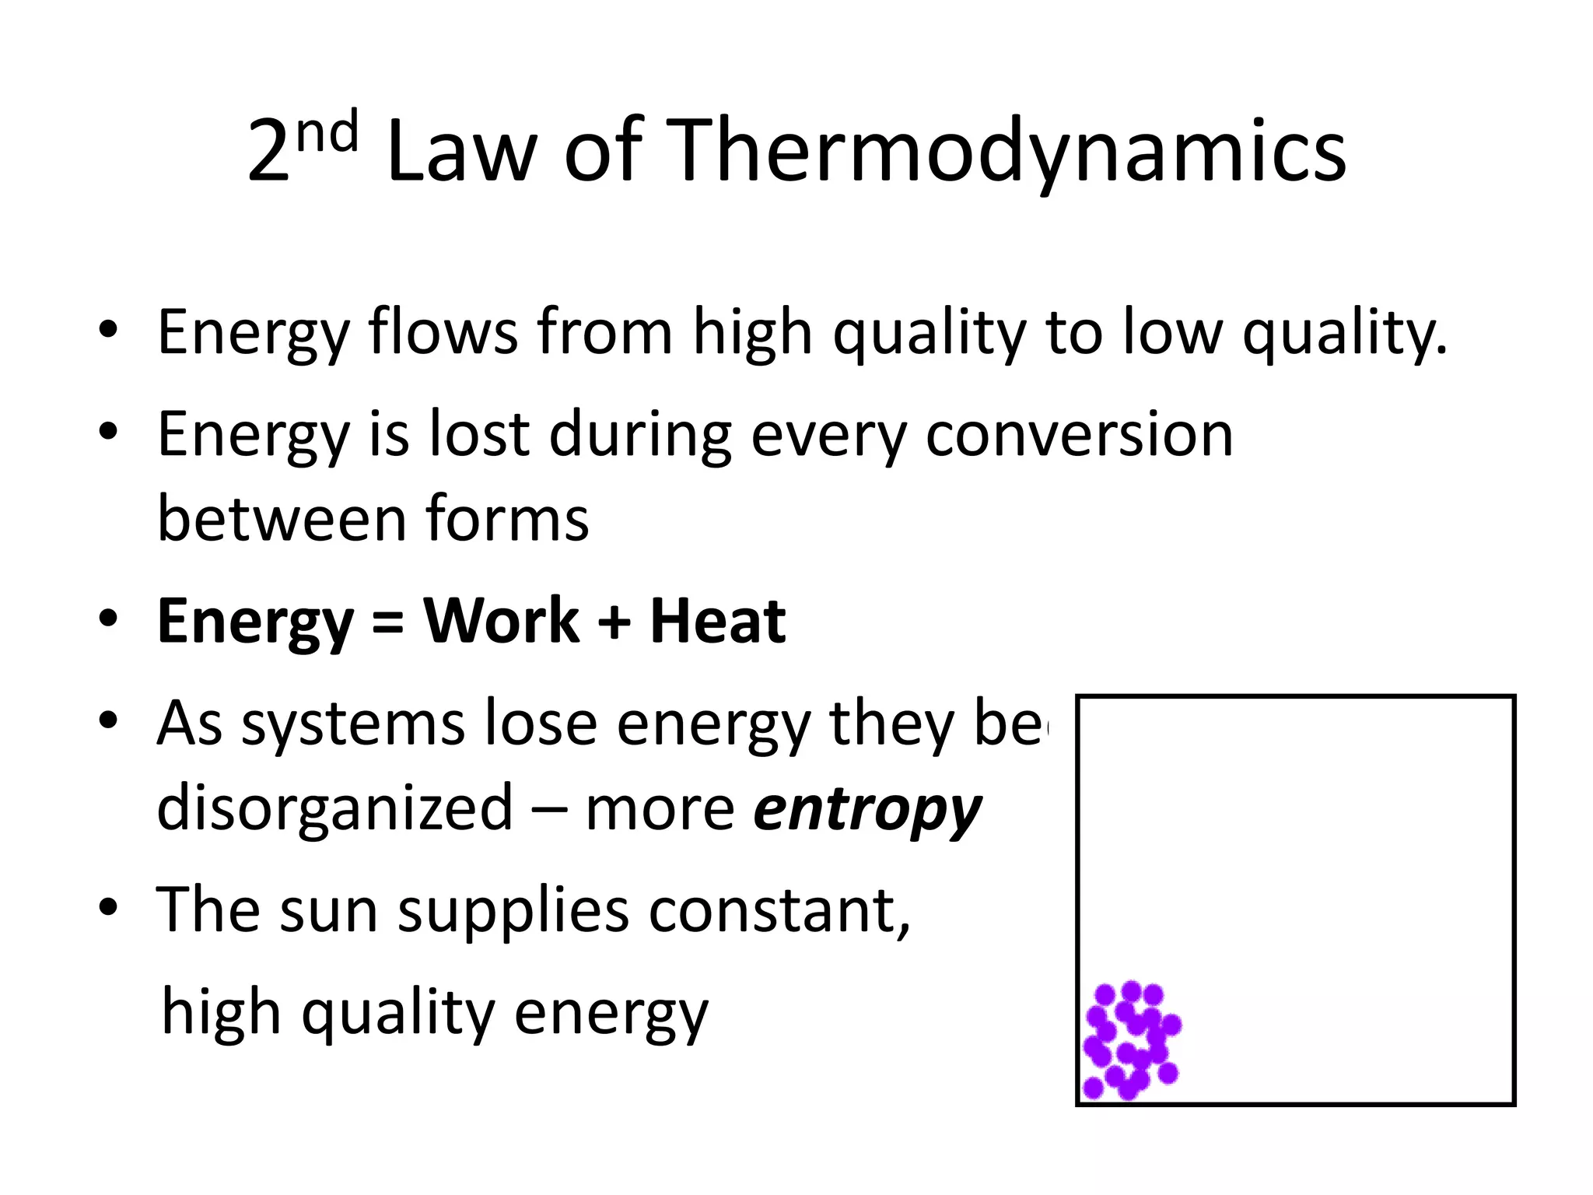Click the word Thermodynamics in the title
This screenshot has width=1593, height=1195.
pos(1007,152)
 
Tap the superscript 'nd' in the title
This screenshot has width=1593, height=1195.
pos(327,131)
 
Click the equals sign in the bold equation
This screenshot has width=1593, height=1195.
pos(388,623)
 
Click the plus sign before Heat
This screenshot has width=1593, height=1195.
pos(614,623)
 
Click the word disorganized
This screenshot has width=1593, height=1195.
pos(334,809)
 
